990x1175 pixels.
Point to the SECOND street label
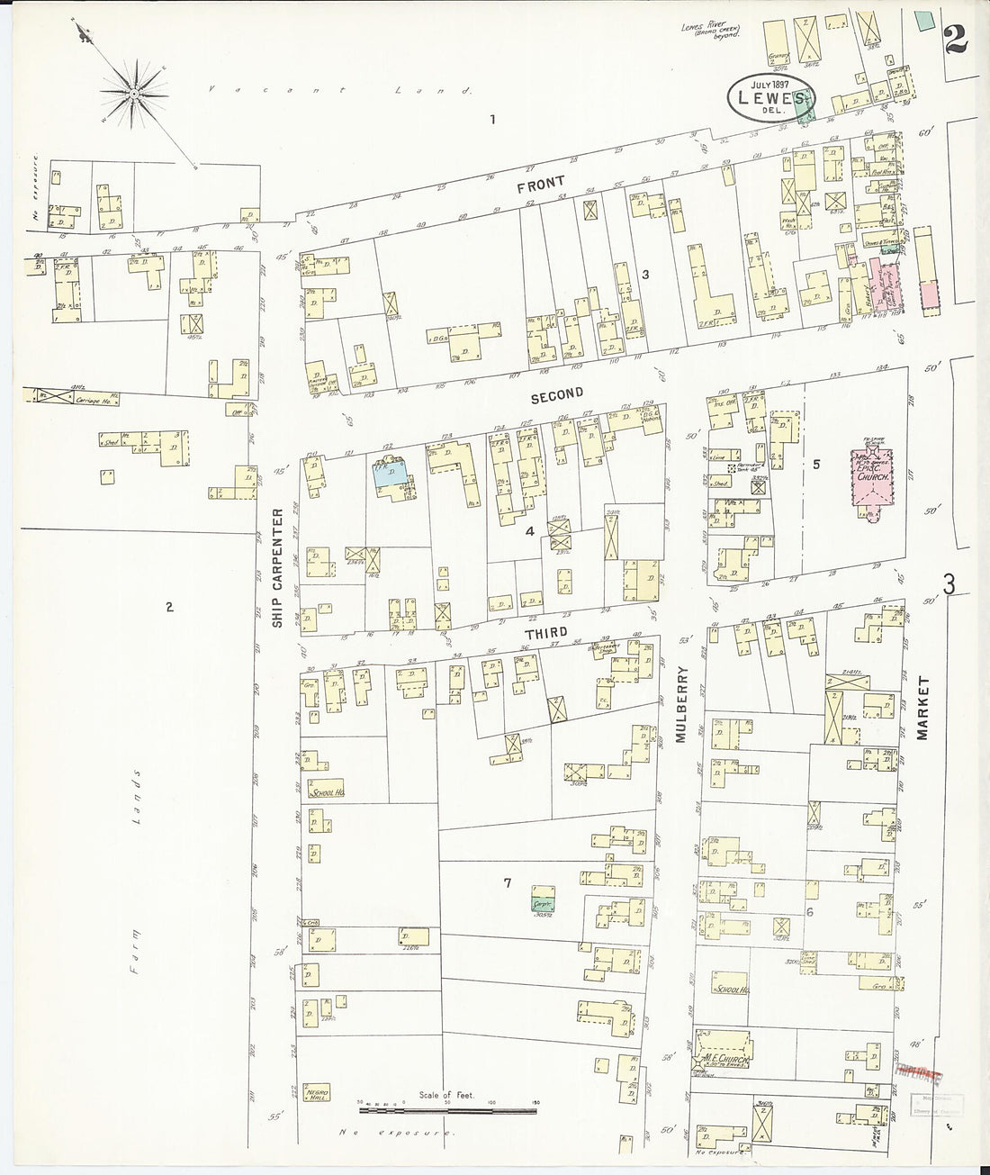click(x=557, y=393)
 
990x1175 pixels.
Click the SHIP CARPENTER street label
click(x=278, y=567)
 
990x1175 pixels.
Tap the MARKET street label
click(x=922, y=708)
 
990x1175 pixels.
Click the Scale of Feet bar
click(x=447, y=1107)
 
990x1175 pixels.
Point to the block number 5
click(x=815, y=465)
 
